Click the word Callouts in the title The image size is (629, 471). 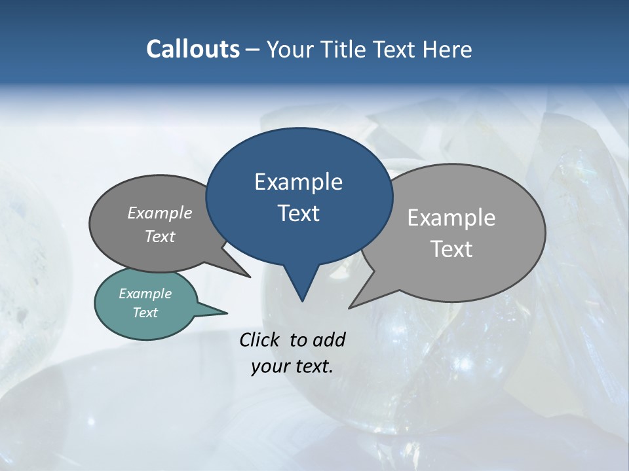click(193, 49)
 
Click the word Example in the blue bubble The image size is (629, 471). click(298, 182)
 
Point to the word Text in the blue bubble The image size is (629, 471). click(298, 213)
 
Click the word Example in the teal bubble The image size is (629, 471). click(145, 294)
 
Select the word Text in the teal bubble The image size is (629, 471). click(145, 313)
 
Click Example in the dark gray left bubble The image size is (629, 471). click(159, 213)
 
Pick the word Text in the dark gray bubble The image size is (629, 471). click(159, 237)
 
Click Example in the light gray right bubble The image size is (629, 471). click(451, 218)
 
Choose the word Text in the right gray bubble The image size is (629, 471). click(451, 249)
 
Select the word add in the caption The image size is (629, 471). click(328, 340)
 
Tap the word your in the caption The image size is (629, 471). click(269, 366)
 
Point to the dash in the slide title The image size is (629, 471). click(254, 50)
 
